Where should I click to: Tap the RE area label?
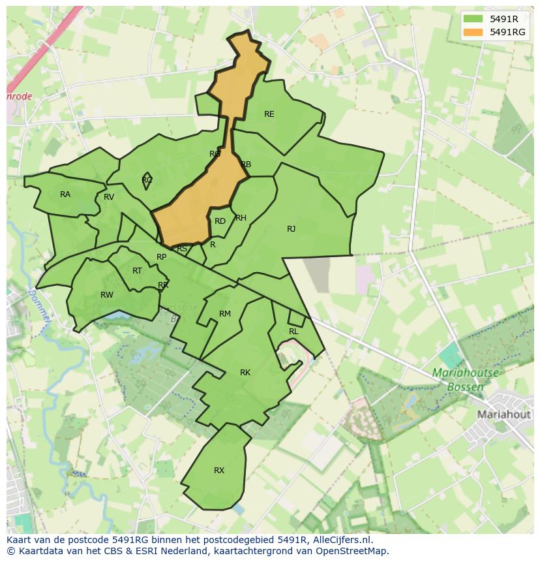click(x=269, y=114)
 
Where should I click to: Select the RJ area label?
click(x=291, y=229)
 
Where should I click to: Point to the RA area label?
click(x=65, y=195)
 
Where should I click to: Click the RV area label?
click(x=109, y=197)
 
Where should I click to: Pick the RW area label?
click(x=107, y=295)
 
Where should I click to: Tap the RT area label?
click(x=137, y=271)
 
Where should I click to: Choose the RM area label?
click(x=225, y=314)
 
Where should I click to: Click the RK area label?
click(x=245, y=373)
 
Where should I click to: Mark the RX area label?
click(x=219, y=471)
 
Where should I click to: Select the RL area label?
click(x=293, y=332)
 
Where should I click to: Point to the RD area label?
click(x=220, y=221)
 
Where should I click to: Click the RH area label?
click(x=241, y=218)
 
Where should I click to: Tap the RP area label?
click(x=161, y=257)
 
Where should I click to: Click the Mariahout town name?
click(x=504, y=414)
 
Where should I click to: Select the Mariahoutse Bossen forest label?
click(x=465, y=380)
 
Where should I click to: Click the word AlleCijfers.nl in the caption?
click(x=338, y=540)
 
